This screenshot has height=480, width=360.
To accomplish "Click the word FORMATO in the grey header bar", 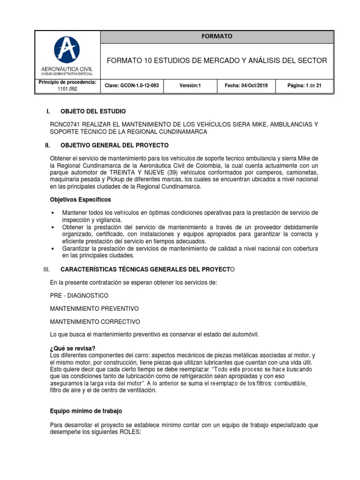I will click(x=217, y=37).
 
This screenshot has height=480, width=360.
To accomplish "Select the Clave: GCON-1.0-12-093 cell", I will click(x=132, y=86).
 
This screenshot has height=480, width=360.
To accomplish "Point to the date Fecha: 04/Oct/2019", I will click(x=246, y=86).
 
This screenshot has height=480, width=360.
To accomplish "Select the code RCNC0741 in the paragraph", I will click(x=65, y=124).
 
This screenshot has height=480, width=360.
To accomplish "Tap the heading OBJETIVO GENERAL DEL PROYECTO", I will click(x=114, y=145).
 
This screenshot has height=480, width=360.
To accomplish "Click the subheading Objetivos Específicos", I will click(x=81, y=200).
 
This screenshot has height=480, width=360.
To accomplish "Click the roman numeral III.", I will click(x=46, y=270).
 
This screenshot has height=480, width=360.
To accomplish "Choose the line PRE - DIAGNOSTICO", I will click(x=79, y=296).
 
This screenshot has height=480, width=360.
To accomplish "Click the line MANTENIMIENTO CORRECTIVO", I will click(x=95, y=322).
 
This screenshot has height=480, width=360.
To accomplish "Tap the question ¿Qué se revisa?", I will click(x=73, y=348).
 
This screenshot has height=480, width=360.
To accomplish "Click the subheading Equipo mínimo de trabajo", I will click(x=86, y=411).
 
